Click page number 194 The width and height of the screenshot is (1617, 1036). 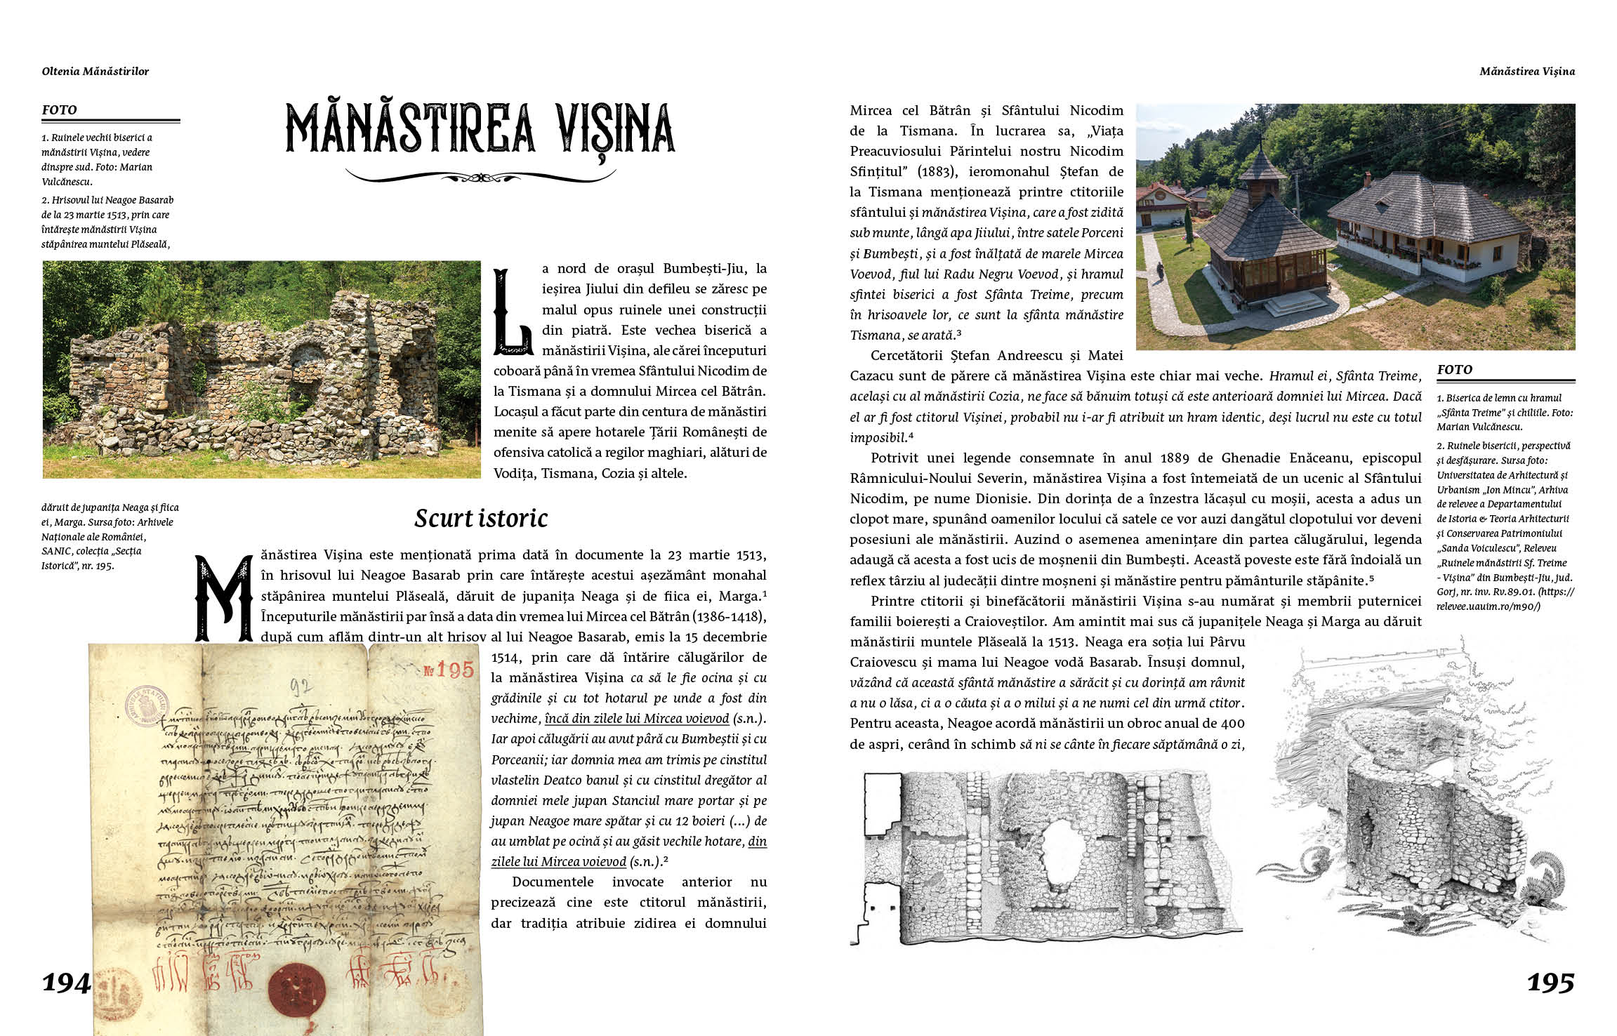tap(66, 983)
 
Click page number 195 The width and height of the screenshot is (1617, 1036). tap(1550, 983)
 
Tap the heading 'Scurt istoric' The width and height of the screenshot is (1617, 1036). tap(481, 519)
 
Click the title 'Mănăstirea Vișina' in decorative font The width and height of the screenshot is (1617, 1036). tap(480, 129)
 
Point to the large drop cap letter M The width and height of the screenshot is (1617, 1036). tap(223, 599)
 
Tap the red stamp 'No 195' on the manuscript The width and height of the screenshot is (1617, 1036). tap(449, 670)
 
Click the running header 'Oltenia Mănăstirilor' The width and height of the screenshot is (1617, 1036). tap(95, 71)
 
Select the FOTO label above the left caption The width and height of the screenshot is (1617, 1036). tap(60, 110)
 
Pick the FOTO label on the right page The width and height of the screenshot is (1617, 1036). tap(1455, 370)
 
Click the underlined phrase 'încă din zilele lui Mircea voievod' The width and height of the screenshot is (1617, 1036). tap(637, 719)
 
